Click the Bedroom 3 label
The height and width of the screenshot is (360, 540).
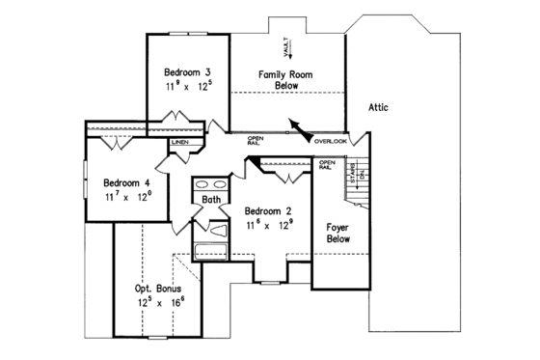pos(188,72)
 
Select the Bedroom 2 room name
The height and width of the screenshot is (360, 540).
pos(267,211)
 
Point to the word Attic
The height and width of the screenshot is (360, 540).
pos(377,107)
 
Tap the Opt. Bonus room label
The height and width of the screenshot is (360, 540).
pos(159,288)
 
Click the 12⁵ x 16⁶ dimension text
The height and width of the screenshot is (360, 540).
pos(160,302)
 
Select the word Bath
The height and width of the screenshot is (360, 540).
pos(211,200)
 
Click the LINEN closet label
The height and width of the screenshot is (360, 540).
pos(180,144)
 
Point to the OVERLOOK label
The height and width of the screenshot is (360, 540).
pos(330,143)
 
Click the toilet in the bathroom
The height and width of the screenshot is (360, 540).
pos(217,231)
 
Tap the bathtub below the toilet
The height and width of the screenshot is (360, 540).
pos(210,253)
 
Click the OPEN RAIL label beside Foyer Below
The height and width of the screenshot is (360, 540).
pos(326,165)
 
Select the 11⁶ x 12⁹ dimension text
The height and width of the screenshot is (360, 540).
pos(268,226)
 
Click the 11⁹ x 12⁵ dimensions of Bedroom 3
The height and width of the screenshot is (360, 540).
pos(188,87)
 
